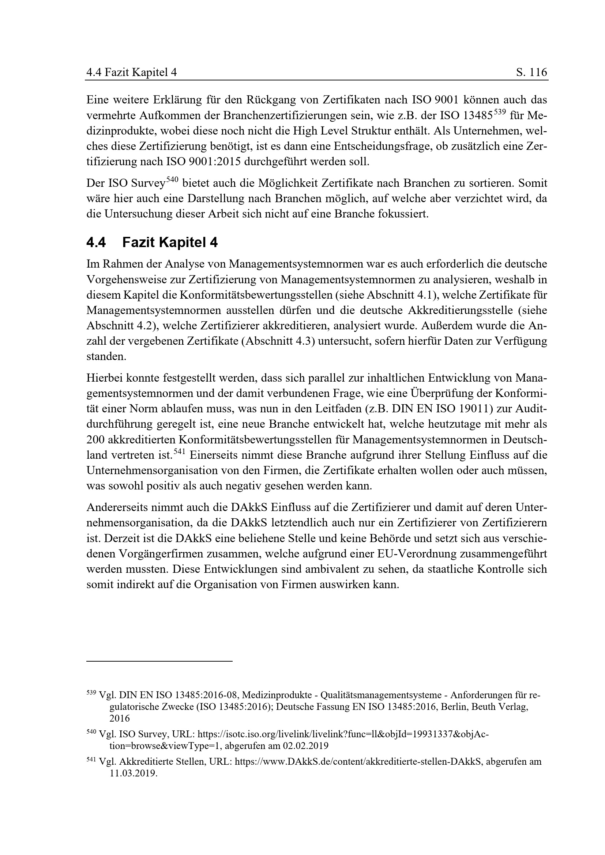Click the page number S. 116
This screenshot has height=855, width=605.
pos(531,72)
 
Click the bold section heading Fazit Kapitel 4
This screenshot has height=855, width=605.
pos(170,243)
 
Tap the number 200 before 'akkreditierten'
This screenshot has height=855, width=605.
pos(95,440)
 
